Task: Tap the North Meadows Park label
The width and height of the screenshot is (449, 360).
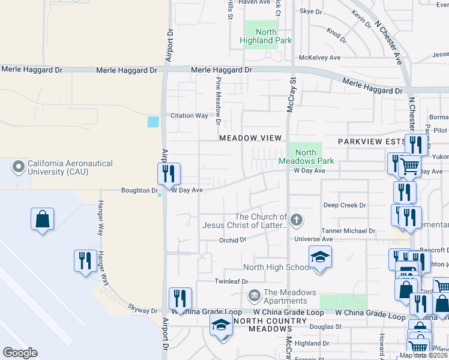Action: tap(306, 157)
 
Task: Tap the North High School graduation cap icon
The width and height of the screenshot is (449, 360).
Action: tap(321, 257)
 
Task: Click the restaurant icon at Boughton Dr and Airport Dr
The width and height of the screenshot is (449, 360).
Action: tap(169, 174)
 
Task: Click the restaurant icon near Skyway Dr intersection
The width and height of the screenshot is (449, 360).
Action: tap(180, 298)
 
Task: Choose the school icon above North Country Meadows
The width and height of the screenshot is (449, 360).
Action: tap(221, 326)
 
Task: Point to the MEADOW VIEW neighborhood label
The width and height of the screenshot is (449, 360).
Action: tap(250, 138)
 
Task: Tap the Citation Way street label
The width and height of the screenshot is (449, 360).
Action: tap(189, 115)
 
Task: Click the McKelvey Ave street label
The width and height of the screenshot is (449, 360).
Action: tap(319, 58)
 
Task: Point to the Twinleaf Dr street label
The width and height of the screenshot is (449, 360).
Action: tap(231, 281)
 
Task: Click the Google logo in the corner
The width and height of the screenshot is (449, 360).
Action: tap(19, 353)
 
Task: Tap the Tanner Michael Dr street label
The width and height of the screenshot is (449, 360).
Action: tap(348, 230)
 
